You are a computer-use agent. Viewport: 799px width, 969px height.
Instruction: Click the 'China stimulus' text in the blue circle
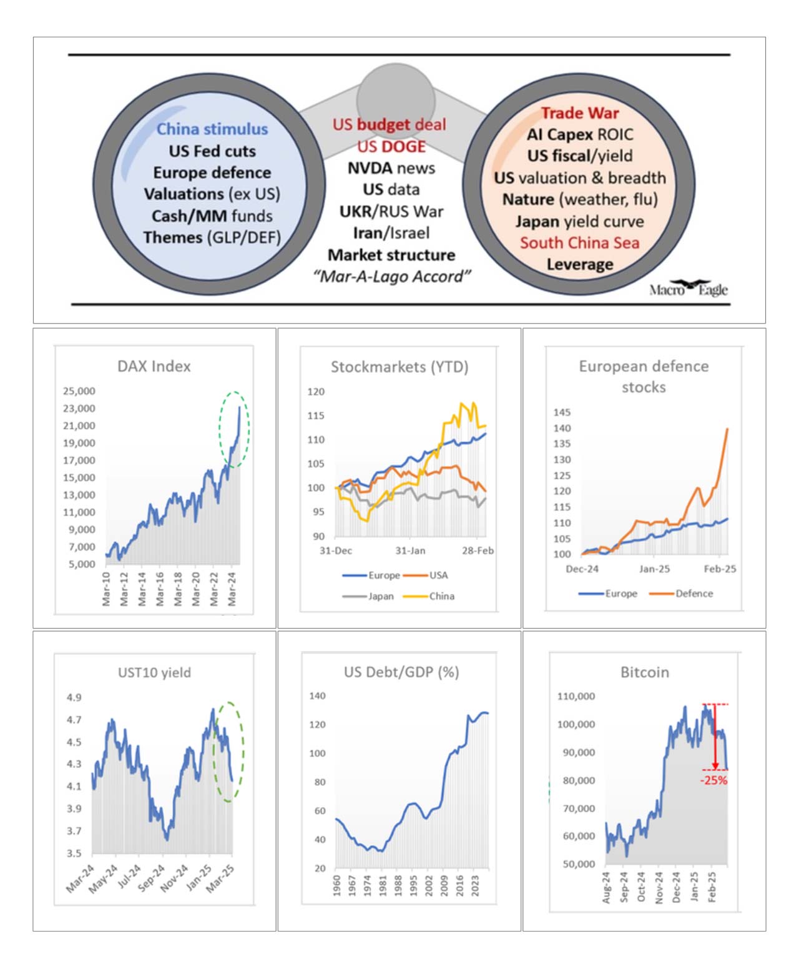(212, 129)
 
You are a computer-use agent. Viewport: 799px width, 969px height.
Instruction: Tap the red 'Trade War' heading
(580, 113)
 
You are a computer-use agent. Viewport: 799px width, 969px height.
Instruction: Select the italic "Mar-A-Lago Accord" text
(392, 277)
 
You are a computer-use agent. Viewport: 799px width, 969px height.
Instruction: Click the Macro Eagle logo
(688, 288)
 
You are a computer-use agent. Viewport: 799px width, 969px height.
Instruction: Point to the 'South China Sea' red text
(580, 242)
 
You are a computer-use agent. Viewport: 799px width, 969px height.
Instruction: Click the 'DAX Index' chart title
(154, 366)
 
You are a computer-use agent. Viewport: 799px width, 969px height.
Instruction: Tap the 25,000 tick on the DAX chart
(79, 390)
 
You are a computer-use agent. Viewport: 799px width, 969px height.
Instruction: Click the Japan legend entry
(368, 596)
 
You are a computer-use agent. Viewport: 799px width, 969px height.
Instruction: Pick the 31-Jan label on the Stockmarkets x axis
(410, 550)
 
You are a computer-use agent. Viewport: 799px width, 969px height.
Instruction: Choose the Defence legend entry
(681, 593)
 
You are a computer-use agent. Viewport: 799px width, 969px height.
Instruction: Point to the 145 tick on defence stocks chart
(562, 412)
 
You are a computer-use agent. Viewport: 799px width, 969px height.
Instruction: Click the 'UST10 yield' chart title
(154, 672)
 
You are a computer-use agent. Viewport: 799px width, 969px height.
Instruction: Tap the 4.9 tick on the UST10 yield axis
(74, 697)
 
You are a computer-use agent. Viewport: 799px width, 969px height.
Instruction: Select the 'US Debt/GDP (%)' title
(401, 672)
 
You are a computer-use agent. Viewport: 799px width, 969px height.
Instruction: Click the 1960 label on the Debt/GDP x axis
(337, 885)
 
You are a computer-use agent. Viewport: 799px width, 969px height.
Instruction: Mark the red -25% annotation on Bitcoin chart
(713, 780)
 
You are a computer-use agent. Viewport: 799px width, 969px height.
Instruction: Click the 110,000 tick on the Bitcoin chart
(576, 696)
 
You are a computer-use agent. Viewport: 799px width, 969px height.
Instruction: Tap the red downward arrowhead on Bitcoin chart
(715, 766)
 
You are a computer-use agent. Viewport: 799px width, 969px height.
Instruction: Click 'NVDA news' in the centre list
(391, 167)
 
